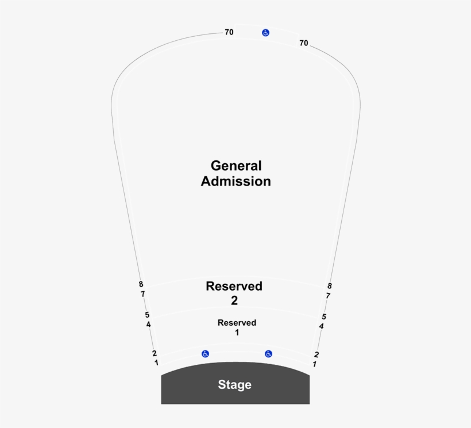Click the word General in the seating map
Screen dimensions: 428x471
tap(236, 166)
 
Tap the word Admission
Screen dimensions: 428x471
tap(236, 182)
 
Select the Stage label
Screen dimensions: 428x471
tap(234, 385)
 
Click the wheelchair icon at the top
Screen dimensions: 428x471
tap(265, 33)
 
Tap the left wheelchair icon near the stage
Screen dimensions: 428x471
tap(205, 354)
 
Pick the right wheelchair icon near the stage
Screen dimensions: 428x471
tap(268, 354)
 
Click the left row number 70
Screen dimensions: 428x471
tap(229, 33)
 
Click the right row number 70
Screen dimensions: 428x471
tap(304, 43)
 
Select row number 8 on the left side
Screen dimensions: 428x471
tap(141, 284)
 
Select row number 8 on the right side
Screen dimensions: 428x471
tap(330, 286)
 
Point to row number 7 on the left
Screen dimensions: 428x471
tap(142, 294)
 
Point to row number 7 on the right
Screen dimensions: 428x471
tap(328, 296)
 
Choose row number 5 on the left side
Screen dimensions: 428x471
tap(147, 315)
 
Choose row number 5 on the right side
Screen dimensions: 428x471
tap(324, 317)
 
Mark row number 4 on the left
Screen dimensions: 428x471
tap(149, 325)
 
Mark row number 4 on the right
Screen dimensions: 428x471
tap(322, 326)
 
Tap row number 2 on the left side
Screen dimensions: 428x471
tap(155, 353)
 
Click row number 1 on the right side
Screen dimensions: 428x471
tap(314, 364)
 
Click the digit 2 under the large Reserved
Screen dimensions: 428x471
tap(234, 300)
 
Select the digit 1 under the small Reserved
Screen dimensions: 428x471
tap(237, 333)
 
